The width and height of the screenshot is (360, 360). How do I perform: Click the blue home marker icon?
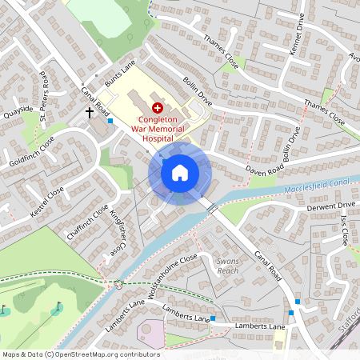(180, 173)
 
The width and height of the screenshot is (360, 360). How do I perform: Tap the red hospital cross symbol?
(157, 106)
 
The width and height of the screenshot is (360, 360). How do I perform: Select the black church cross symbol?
(90, 113)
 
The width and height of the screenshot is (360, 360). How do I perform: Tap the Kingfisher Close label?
(118, 232)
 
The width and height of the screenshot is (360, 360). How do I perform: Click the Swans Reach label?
(228, 266)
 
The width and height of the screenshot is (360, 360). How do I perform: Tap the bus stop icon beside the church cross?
(110, 121)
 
